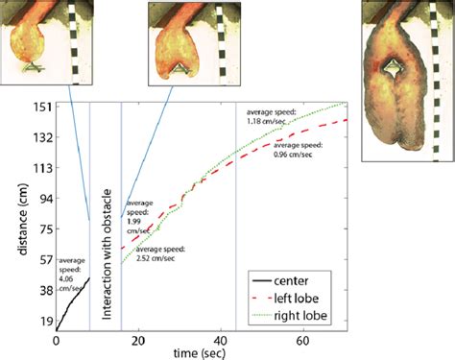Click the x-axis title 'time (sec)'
coord(214,354)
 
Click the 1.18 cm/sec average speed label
coord(269,117)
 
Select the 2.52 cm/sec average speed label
coord(159,254)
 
